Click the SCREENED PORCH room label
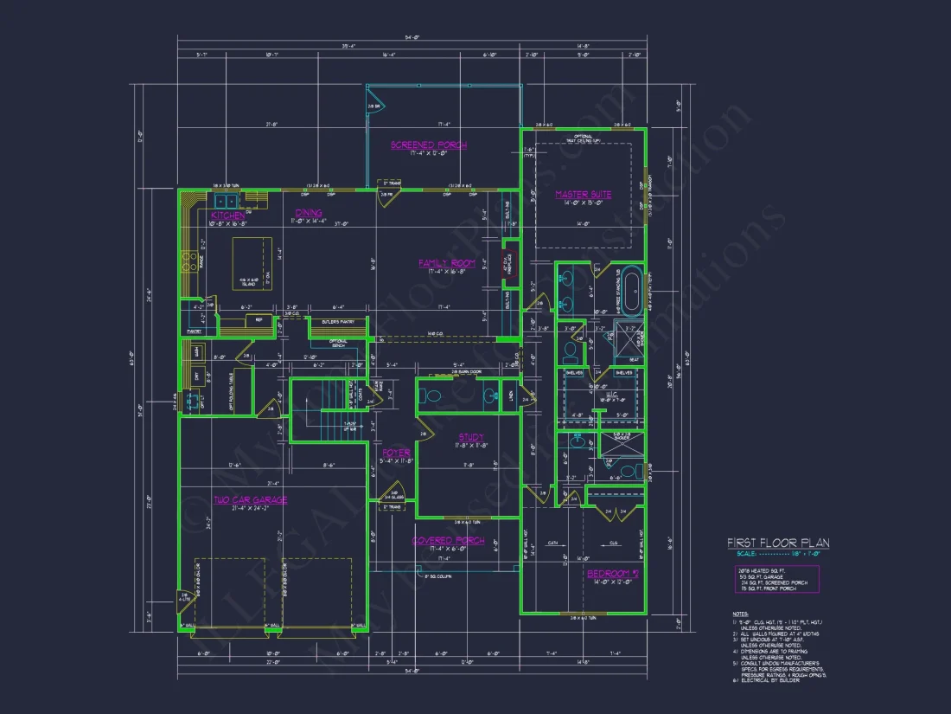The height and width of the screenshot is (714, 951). point(429,145)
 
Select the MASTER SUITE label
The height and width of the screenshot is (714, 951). point(583,195)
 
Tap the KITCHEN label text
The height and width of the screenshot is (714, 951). point(228,215)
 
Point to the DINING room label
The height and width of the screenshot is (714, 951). point(309,213)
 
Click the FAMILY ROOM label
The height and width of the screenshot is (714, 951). point(447,263)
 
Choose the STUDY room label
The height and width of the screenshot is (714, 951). point(471,437)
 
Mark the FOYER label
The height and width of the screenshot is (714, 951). point(397,453)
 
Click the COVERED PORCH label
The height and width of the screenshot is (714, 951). point(448,541)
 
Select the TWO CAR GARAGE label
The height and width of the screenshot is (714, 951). point(252,499)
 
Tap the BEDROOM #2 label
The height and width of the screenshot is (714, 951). point(613,574)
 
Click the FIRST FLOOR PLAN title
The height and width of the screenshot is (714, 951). point(778,543)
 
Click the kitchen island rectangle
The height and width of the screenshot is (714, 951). point(251,263)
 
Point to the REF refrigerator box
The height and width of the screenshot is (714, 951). point(258,320)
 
